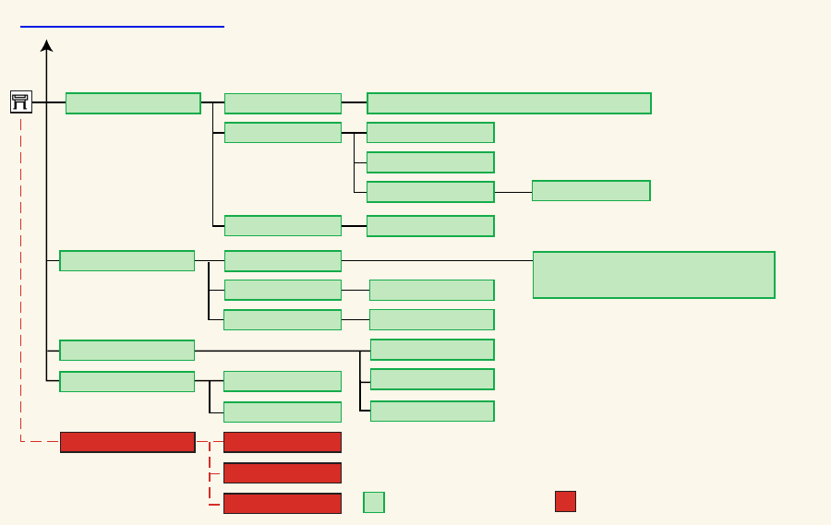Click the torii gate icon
(x=21, y=102)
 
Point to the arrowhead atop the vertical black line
(x=46, y=45)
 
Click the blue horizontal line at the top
(x=122, y=27)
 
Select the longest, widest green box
(x=509, y=103)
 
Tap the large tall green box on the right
(x=654, y=275)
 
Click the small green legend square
(x=374, y=502)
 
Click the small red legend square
(x=565, y=501)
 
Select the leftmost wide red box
(x=127, y=442)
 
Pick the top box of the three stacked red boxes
(x=283, y=442)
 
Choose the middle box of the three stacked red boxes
(x=283, y=473)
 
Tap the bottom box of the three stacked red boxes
(x=283, y=504)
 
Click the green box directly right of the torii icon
(x=133, y=103)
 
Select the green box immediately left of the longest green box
(x=283, y=103)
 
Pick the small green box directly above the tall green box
(x=591, y=191)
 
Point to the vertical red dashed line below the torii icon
(x=21, y=277)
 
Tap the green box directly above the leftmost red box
(x=127, y=382)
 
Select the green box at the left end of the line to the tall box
(x=283, y=261)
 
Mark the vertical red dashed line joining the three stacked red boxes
(x=210, y=473)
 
